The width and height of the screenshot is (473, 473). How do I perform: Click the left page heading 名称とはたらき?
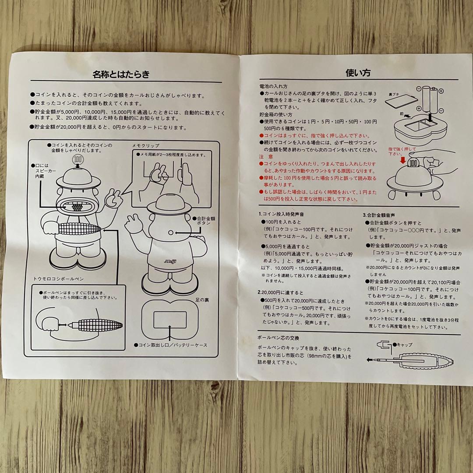pos(121,74)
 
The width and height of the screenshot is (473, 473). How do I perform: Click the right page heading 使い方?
pos(358,72)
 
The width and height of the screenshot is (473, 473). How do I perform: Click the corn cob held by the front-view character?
pos(78,228)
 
